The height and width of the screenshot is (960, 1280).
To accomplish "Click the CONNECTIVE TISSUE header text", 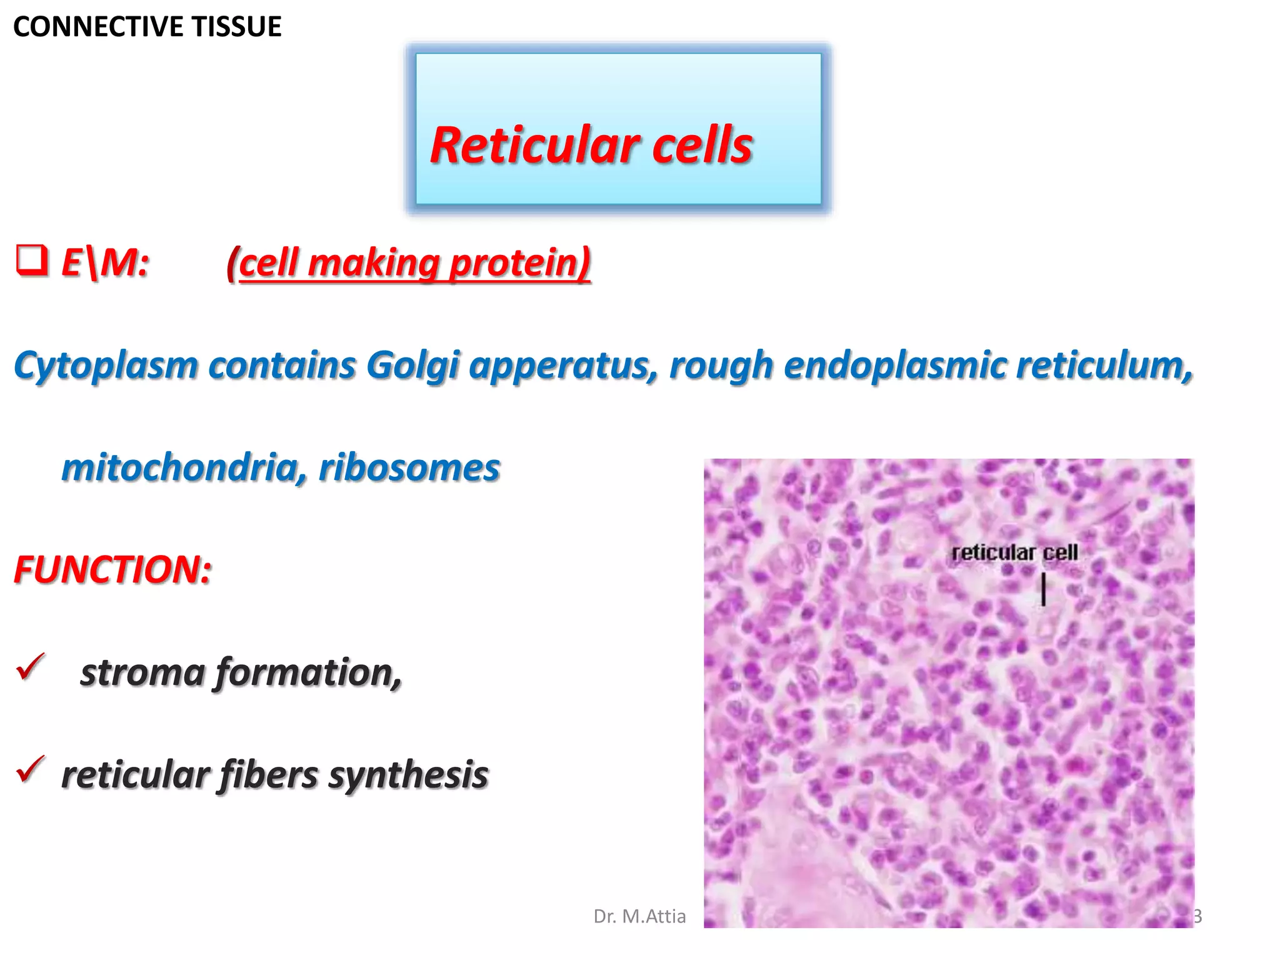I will (147, 27).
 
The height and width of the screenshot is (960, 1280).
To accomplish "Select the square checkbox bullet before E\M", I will (32, 261).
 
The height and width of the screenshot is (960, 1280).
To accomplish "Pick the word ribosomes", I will (409, 467).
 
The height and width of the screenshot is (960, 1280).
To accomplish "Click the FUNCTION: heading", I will (113, 570).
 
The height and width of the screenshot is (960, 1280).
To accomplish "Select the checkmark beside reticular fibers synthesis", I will (31, 769).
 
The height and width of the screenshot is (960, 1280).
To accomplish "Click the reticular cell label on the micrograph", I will (1014, 552).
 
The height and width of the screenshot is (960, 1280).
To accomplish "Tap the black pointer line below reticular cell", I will (1043, 589).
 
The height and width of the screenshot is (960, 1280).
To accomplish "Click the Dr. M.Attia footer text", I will (639, 916).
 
